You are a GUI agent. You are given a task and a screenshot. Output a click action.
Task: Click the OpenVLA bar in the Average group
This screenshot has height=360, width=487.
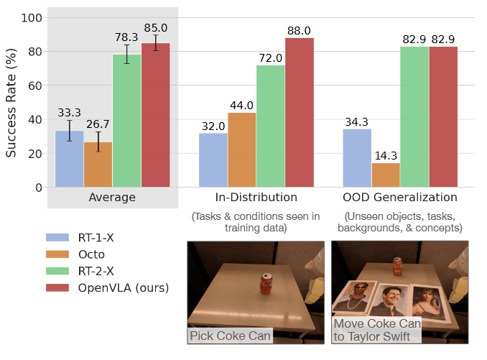pyautogui.click(x=155, y=115)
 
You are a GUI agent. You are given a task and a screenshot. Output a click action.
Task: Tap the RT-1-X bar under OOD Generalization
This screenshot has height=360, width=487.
pyautogui.click(x=357, y=158)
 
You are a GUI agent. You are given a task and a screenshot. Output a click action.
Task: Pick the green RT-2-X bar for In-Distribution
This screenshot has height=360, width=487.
pyautogui.click(x=271, y=126)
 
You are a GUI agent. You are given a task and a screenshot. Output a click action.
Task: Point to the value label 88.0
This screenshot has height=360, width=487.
pyautogui.click(x=299, y=31)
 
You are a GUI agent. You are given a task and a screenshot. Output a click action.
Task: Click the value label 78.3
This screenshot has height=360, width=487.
pyautogui.click(x=126, y=36)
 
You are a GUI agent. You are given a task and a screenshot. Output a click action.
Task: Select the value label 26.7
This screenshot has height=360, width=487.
pyautogui.click(x=98, y=124)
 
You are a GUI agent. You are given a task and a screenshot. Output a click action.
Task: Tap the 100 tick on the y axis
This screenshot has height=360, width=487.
pyautogui.click(x=34, y=18)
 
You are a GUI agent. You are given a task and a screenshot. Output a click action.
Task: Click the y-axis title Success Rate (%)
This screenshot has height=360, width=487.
pyautogui.click(x=11, y=102)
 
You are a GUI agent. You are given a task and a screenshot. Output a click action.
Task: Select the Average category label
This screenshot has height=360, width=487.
pyautogui.click(x=113, y=197)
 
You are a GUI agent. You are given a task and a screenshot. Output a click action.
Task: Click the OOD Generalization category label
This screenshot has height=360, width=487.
pyautogui.click(x=399, y=197)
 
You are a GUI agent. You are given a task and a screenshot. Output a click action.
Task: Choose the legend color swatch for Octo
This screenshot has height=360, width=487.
pyautogui.click(x=60, y=254)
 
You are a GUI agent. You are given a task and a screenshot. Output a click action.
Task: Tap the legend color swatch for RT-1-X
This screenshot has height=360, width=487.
pyautogui.click(x=60, y=236)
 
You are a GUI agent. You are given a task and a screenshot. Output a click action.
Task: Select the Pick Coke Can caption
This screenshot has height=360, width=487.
pyautogui.click(x=230, y=335)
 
